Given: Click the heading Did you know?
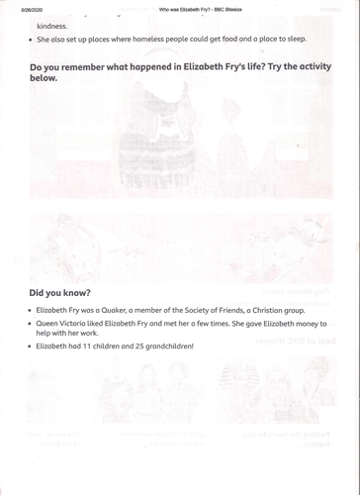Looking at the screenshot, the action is tap(59, 293).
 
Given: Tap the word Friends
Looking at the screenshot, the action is tap(251, 310).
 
